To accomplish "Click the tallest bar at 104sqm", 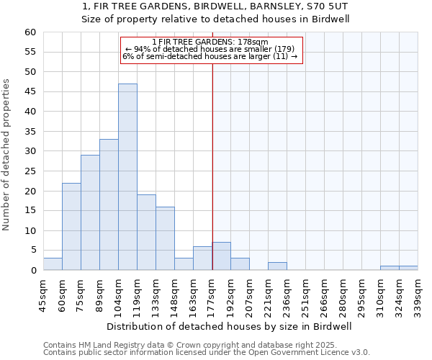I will (127, 177).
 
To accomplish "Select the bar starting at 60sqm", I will (71, 227).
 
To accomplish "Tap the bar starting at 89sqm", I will (109, 204).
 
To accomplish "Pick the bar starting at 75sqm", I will (90, 212).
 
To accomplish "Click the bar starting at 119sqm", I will (146, 233).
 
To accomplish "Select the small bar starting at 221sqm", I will (277, 266).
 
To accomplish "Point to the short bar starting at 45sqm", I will (53, 264).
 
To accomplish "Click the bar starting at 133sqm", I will (165, 238).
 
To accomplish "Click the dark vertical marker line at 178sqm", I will (212, 166).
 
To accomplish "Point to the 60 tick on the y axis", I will (30, 32).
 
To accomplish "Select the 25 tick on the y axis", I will (30, 171).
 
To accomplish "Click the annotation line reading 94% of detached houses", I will (210, 49).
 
